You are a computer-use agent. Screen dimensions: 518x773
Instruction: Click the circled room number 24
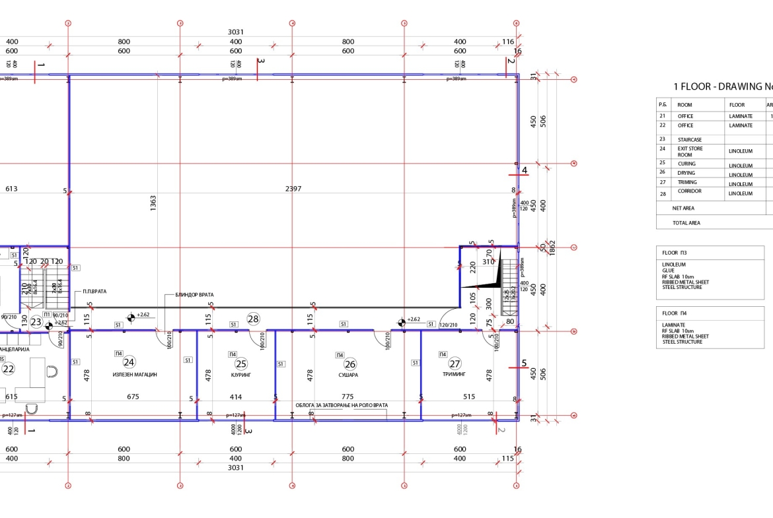[x=129, y=362]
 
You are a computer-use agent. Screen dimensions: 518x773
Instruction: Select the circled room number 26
[x=350, y=364]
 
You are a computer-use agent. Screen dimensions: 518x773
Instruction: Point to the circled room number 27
[x=455, y=364]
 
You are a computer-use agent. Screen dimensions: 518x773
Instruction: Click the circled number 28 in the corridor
[x=253, y=319]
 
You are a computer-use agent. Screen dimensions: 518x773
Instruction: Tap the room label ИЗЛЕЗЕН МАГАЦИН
[x=135, y=375]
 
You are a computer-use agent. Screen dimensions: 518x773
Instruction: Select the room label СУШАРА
[x=348, y=375]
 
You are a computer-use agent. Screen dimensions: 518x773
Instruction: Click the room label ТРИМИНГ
[x=455, y=374]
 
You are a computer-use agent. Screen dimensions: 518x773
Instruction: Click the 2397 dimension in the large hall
[x=293, y=189]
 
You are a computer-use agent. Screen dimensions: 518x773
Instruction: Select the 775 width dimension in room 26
[x=348, y=397]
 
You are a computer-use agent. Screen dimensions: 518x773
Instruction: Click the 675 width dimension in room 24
[x=133, y=397]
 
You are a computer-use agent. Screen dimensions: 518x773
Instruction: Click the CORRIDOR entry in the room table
[x=689, y=191]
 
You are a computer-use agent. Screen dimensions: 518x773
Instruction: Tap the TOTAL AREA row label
[x=686, y=223]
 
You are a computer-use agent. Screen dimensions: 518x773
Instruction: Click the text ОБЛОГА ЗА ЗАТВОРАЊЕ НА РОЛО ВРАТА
[x=341, y=405]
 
